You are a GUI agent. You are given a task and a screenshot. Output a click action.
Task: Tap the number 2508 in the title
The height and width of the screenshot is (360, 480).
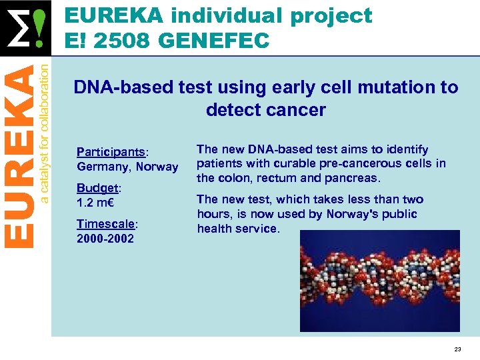(x=126, y=41)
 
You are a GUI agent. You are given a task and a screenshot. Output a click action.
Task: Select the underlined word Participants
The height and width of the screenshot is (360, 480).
(x=109, y=151)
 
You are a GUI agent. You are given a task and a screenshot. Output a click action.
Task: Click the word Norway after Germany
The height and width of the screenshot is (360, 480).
(x=157, y=167)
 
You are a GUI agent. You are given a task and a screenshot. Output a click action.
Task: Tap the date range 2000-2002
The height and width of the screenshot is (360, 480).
(x=105, y=238)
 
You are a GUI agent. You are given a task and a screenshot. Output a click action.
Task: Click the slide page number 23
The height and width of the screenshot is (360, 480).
(x=457, y=349)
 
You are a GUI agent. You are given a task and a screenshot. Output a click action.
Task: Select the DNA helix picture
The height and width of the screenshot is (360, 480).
(x=379, y=281)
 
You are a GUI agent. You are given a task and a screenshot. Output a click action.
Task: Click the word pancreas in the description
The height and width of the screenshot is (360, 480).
(x=350, y=178)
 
